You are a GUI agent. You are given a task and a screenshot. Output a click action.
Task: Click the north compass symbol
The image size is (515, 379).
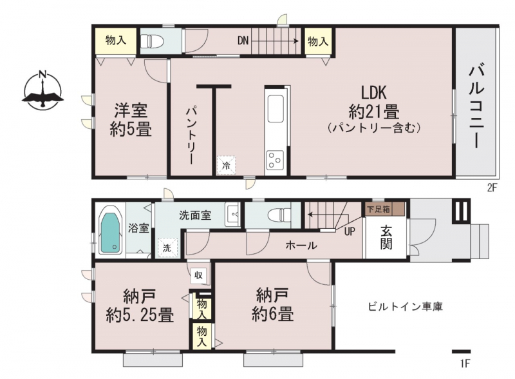point(42,90)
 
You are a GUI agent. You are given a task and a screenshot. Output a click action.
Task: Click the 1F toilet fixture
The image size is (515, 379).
point(279,215)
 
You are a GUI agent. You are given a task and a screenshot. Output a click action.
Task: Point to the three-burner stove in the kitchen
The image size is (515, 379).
point(276,160)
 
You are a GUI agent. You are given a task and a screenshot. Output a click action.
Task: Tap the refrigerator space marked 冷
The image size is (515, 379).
point(226,165)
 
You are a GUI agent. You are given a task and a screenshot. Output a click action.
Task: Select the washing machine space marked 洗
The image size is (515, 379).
point(167,248)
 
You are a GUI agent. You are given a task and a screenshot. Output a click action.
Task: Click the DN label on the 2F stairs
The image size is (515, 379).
point(243,41)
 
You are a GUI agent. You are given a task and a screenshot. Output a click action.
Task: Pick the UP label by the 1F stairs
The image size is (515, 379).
point(350,231)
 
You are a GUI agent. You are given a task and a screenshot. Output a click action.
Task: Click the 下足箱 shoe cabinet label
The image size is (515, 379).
point(379,209)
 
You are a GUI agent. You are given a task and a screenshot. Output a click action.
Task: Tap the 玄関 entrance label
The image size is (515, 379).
point(386,238)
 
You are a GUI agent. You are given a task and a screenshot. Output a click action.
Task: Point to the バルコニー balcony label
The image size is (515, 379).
point(476,107)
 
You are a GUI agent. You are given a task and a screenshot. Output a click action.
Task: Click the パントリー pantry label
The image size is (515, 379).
point(191,135)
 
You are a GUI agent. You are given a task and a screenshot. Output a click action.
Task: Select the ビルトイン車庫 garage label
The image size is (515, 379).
point(406,307)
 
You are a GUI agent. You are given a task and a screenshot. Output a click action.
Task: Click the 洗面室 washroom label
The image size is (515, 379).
point(195,215)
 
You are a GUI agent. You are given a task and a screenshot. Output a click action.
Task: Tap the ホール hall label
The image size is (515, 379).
point(301,245)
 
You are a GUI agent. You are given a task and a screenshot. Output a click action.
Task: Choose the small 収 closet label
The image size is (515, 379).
point(199,275)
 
